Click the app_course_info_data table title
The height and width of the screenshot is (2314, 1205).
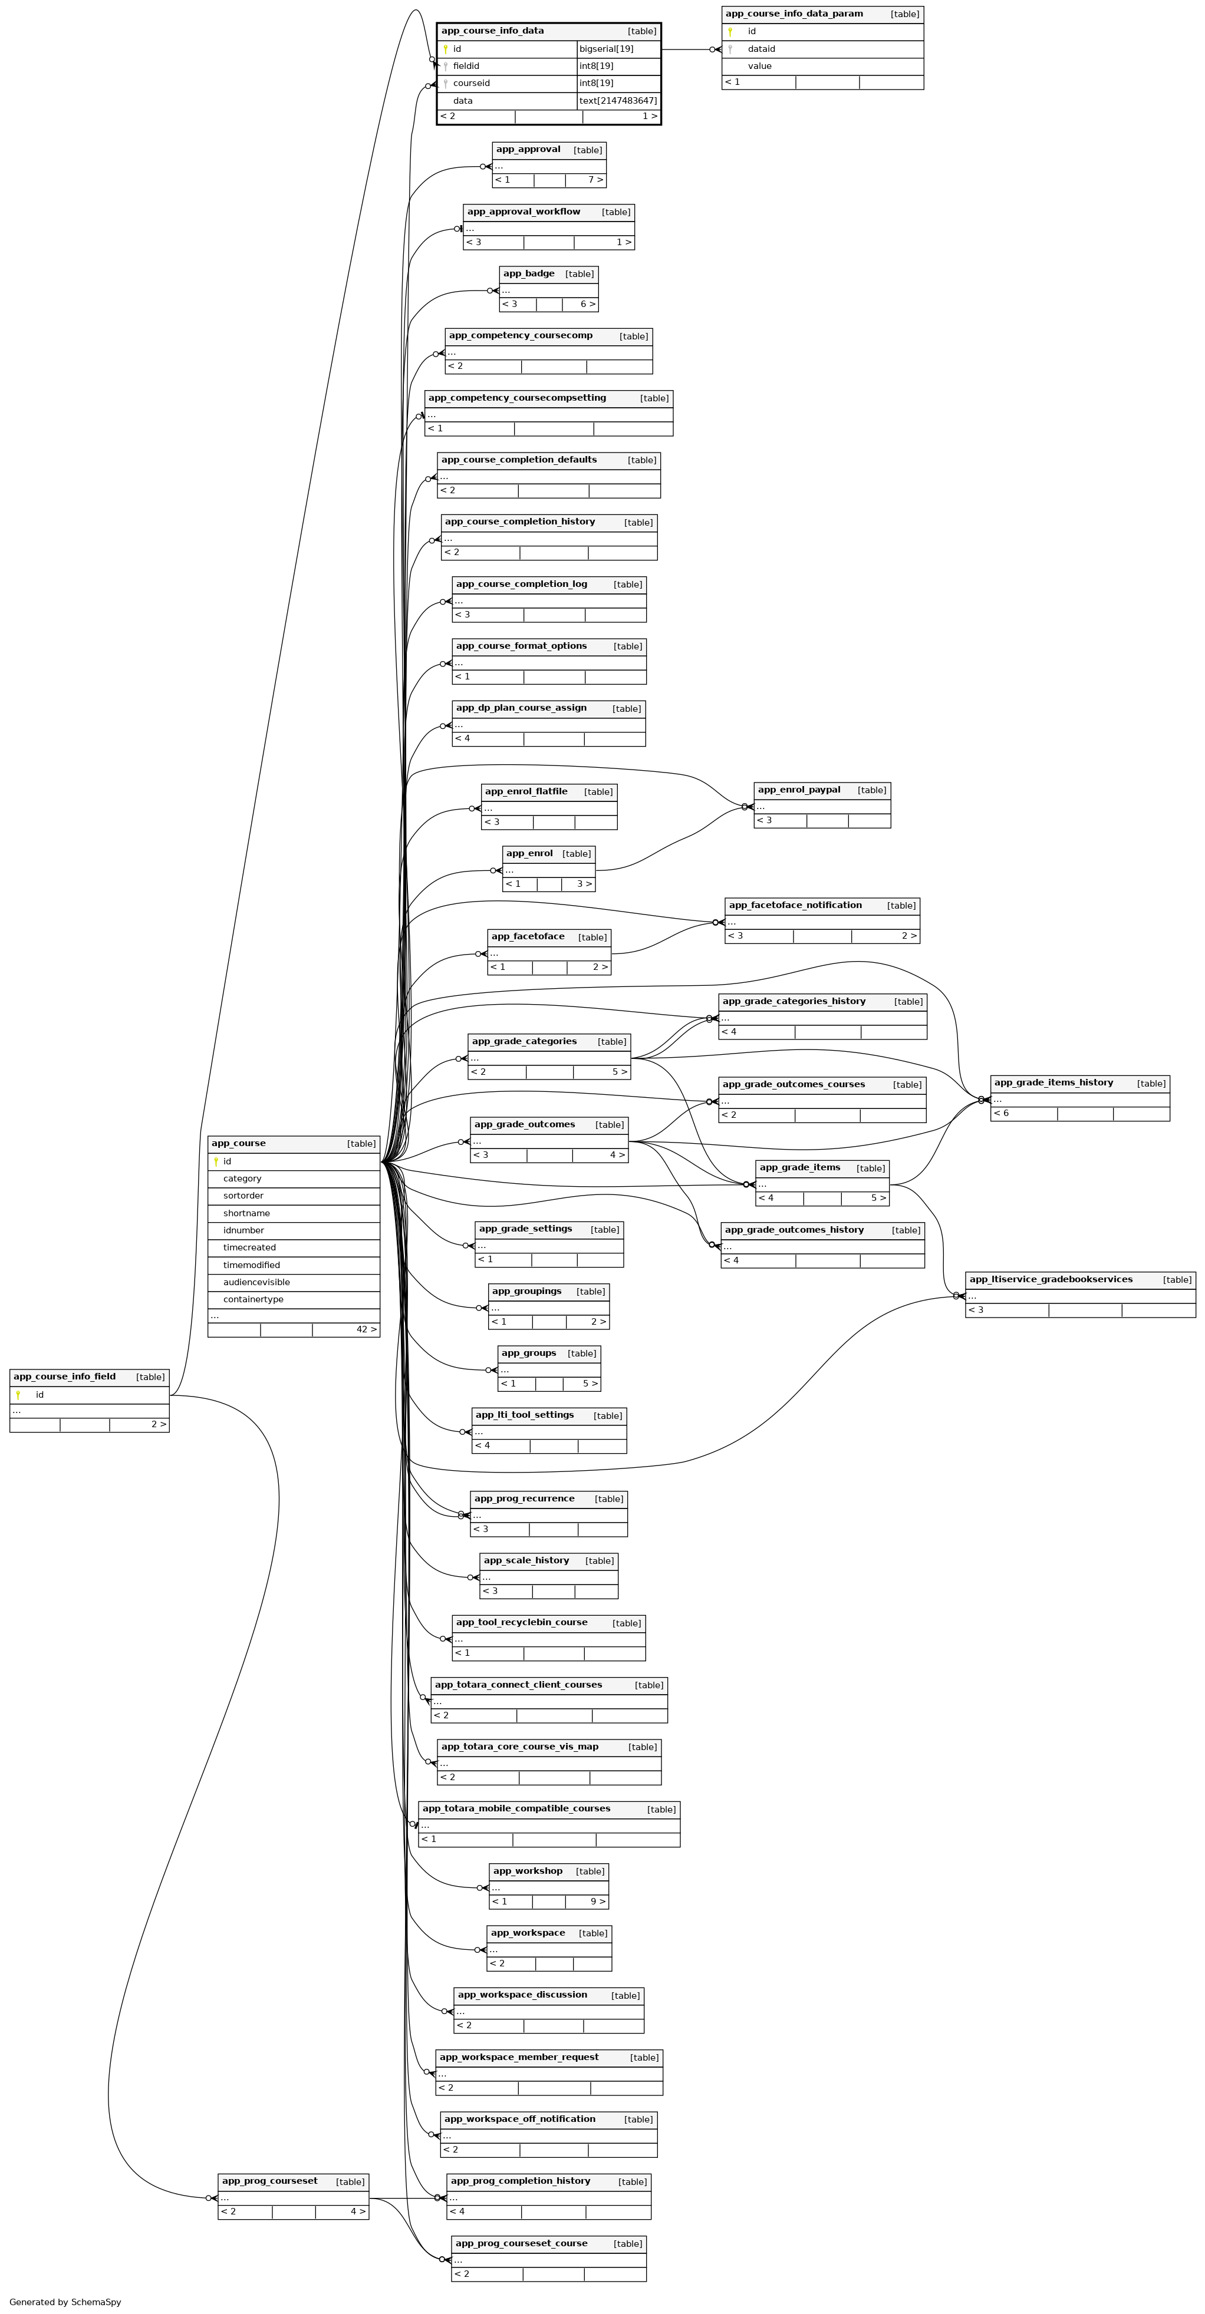[492, 31]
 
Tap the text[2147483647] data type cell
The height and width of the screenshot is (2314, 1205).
[618, 101]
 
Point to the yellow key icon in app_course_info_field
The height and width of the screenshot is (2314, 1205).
[18, 1395]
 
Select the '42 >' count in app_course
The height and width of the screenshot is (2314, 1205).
[366, 1329]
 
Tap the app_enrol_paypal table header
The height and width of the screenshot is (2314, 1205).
[799, 791]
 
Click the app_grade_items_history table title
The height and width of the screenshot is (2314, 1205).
[1053, 1083]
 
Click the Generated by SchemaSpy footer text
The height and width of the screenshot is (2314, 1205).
[65, 2302]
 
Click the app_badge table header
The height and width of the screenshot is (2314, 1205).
[528, 274]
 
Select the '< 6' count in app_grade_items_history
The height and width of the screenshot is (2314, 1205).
[1001, 1114]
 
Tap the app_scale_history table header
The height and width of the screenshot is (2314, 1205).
[526, 1562]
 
